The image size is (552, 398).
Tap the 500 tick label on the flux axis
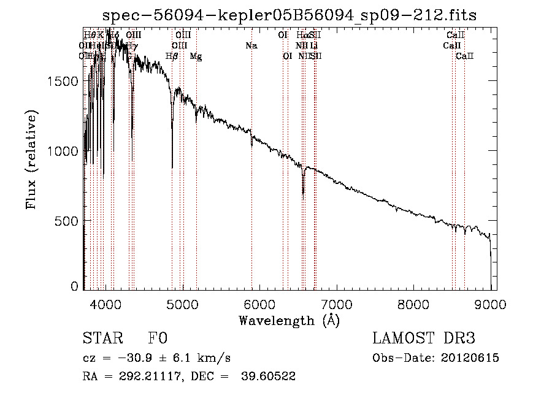pos(66,220)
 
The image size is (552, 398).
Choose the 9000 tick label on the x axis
pos(491,303)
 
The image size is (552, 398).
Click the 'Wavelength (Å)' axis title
pos(289,320)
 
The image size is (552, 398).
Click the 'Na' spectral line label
pos(251,45)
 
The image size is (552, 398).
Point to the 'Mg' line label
pos(196,56)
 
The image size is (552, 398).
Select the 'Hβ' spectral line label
pos(172,56)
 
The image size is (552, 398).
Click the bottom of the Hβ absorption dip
pos(172,167)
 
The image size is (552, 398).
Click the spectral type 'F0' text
pos(158,339)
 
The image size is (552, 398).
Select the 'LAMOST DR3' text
pos(423,339)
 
